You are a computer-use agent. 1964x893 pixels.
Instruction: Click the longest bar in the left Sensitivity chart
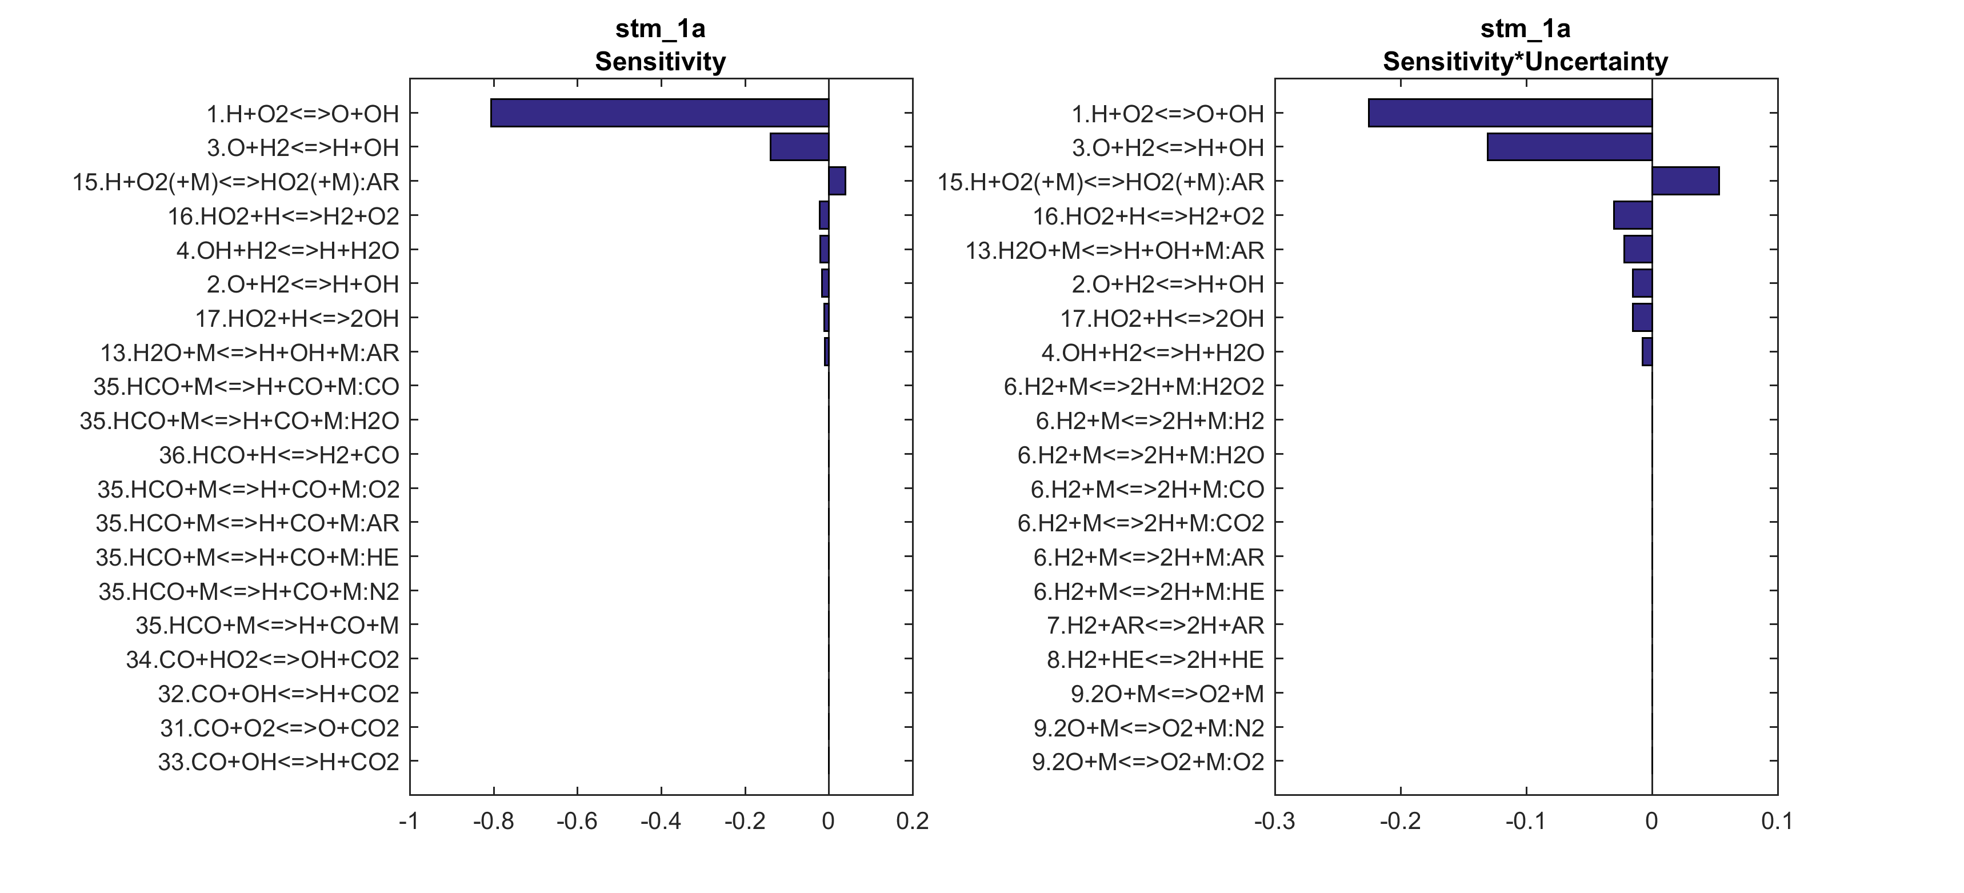659,113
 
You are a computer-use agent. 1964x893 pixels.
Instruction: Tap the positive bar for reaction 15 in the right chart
1685,182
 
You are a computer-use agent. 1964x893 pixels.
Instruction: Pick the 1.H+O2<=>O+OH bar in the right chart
1510,113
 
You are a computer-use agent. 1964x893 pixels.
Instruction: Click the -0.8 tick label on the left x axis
493,822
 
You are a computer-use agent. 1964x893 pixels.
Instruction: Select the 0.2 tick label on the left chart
912,822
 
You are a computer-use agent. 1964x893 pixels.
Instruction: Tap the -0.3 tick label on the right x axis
1274,822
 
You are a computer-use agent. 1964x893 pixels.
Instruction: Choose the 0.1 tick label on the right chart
1777,822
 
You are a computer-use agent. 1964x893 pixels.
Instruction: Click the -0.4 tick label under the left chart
660,822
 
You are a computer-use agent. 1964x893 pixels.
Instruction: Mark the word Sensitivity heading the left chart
660,62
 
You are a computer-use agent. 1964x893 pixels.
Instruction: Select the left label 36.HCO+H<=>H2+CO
278,455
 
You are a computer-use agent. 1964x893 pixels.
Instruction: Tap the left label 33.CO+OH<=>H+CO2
278,762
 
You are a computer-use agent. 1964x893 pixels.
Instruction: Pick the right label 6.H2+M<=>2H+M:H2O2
1133,387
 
